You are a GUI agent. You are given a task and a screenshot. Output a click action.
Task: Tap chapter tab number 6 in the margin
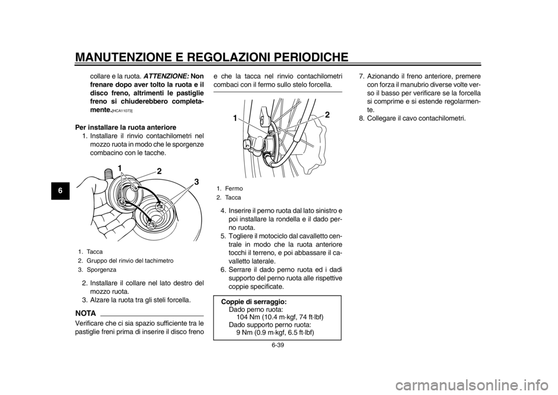60,190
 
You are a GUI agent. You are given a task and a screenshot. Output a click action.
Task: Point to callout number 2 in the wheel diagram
327,115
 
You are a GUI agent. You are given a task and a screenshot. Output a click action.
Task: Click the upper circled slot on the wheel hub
159,206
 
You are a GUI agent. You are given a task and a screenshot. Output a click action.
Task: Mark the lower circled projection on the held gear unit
123,201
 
